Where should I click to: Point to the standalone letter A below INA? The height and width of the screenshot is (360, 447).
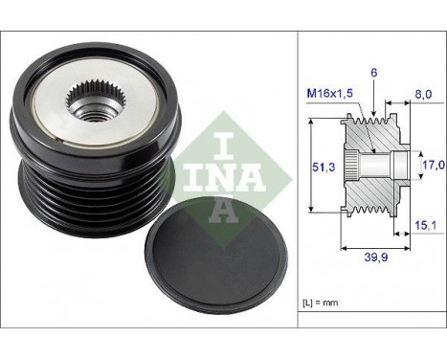point(222,209)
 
